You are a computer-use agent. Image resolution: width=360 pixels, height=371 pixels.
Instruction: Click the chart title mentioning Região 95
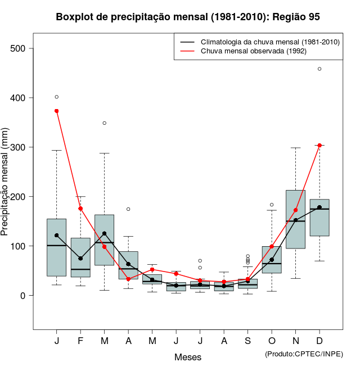click(188, 17)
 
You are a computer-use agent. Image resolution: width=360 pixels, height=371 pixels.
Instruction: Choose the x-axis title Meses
click(188, 357)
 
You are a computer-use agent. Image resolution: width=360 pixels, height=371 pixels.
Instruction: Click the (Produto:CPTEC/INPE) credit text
click(304, 354)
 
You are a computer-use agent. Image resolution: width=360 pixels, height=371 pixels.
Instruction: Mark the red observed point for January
click(57, 111)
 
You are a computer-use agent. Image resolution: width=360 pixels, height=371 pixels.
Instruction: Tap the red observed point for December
click(319, 145)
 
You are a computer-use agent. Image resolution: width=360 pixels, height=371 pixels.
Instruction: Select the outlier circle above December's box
click(319, 69)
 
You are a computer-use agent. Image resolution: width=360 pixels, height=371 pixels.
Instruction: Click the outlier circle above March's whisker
click(105, 123)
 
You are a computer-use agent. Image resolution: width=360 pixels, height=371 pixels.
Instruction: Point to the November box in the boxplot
click(295, 219)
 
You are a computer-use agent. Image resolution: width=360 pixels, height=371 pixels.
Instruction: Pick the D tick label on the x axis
click(319, 341)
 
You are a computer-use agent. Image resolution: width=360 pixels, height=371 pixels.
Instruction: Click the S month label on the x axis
click(247, 341)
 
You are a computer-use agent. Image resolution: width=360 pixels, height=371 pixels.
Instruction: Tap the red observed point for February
click(80, 209)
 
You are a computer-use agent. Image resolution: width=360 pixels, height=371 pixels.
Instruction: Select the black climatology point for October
click(272, 260)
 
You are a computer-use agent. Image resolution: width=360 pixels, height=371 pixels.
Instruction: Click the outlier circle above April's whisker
click(128, 209)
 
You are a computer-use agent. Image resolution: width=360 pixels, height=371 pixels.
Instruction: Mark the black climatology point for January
click(57, 236)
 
